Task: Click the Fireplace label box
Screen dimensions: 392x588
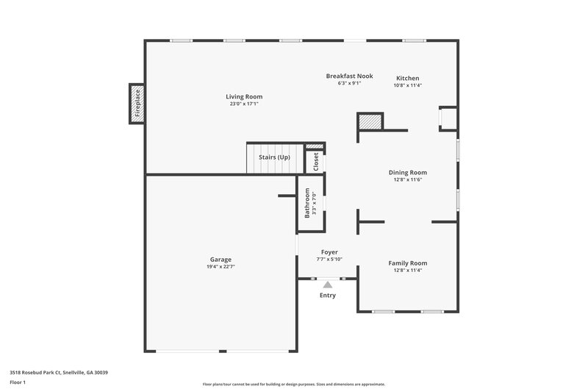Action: pyautogui.click(x=137, y=104)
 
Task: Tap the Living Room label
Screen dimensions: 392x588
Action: pyautogui.click(x=244, y=96)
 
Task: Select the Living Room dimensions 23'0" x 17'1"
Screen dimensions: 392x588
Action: pyautogui.click(x=244, y=104)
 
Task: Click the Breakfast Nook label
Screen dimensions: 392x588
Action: pyautogui.click(x=350, y=76)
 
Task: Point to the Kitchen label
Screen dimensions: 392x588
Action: pyautogui.click(x=408, y=78)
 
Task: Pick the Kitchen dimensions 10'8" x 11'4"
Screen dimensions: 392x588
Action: pyautogui.click(x=408, y=85)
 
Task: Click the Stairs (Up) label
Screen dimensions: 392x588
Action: pyautogui.click(x=274, y=157)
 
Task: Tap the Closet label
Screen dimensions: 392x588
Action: pyautogui.click(x=316, y=162)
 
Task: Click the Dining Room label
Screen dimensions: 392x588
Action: pyautogui.click(x=408, y=172)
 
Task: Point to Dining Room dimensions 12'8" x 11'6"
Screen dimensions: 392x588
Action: pyautogui.click(x=408, y=179)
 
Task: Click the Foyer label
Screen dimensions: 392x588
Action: pyautogui.click(x=329, y=252)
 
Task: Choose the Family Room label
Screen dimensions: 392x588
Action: pyautogui.click(x=408, y=263)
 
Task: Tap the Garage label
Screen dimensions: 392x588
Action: pyautogui.click(x=220, y=259)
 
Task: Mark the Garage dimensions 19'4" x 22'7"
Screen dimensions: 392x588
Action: pyautogui.click(x=220, y=266)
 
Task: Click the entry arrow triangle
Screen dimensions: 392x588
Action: pyautogui.click(x=328, y=284)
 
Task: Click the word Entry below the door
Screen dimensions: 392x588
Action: pyautogui.click(x=328, y=296)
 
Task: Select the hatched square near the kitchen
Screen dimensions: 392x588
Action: pyautogui.click(x=370, y=122)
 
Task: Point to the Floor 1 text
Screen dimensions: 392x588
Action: pyautogui.click(x=18, y=383)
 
